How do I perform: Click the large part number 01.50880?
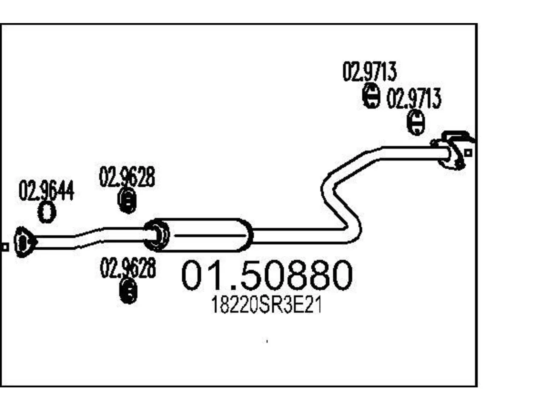point(267,275)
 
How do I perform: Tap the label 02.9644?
point(46,190)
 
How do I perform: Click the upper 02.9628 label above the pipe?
point(127,177)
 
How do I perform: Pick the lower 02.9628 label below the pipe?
point(128,268)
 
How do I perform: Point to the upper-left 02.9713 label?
point(369,71)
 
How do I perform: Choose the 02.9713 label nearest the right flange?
point(414,98)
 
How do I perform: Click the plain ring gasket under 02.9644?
point(47,212)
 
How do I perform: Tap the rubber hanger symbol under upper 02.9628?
point(127,200)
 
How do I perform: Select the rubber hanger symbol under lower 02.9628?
point(128,291)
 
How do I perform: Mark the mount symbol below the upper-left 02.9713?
point(371,96)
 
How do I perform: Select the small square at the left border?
point(5,247)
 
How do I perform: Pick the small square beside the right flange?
point(468,153)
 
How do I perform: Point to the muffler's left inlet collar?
point(157,235)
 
